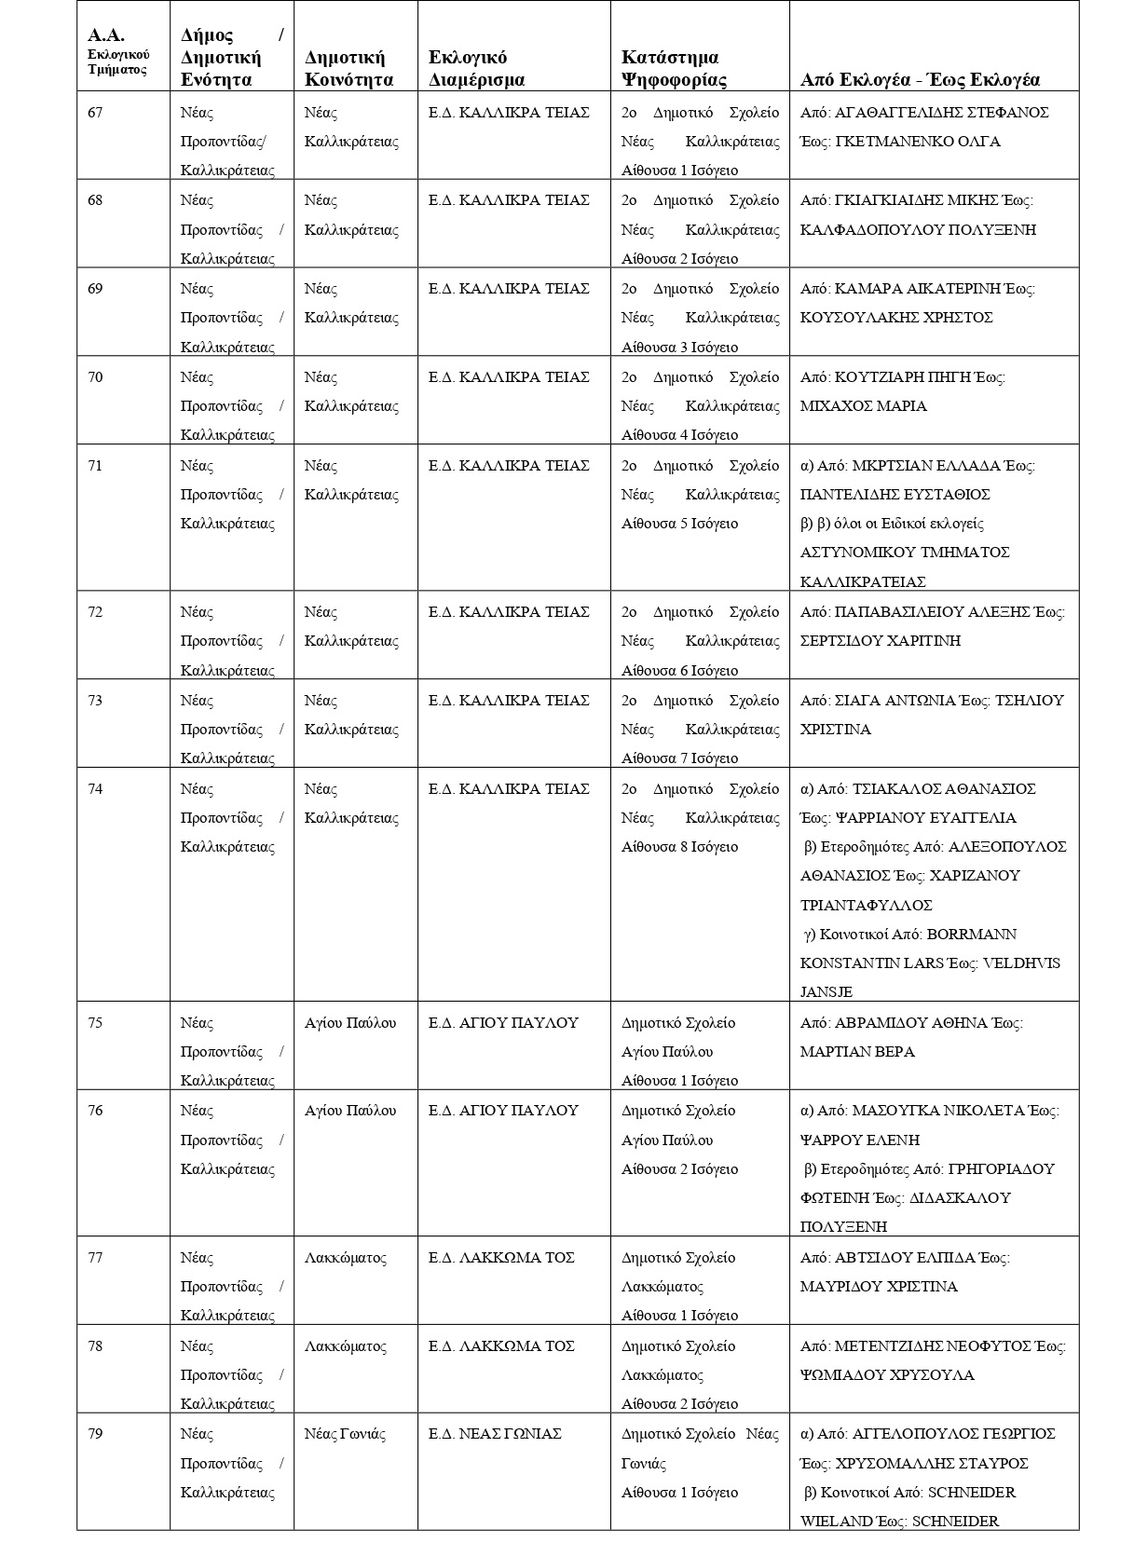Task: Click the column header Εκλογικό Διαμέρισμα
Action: [476, 69]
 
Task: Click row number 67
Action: [95, 113]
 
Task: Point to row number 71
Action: [95, 466]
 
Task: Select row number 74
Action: [95, 789]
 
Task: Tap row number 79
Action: [95, 1434]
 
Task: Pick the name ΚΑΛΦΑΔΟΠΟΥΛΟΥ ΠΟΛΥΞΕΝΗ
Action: [918, 230]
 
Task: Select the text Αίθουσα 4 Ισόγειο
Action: [679, 435]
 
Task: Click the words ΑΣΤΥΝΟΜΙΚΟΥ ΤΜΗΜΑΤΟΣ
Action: [905, 553]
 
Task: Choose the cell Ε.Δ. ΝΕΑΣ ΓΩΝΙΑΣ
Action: [495, 1434]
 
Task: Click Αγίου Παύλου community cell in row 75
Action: [350, 1023]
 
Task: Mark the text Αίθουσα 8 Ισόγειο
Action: [679, 847]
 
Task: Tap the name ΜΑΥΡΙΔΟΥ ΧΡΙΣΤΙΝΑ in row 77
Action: [879, 1287]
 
